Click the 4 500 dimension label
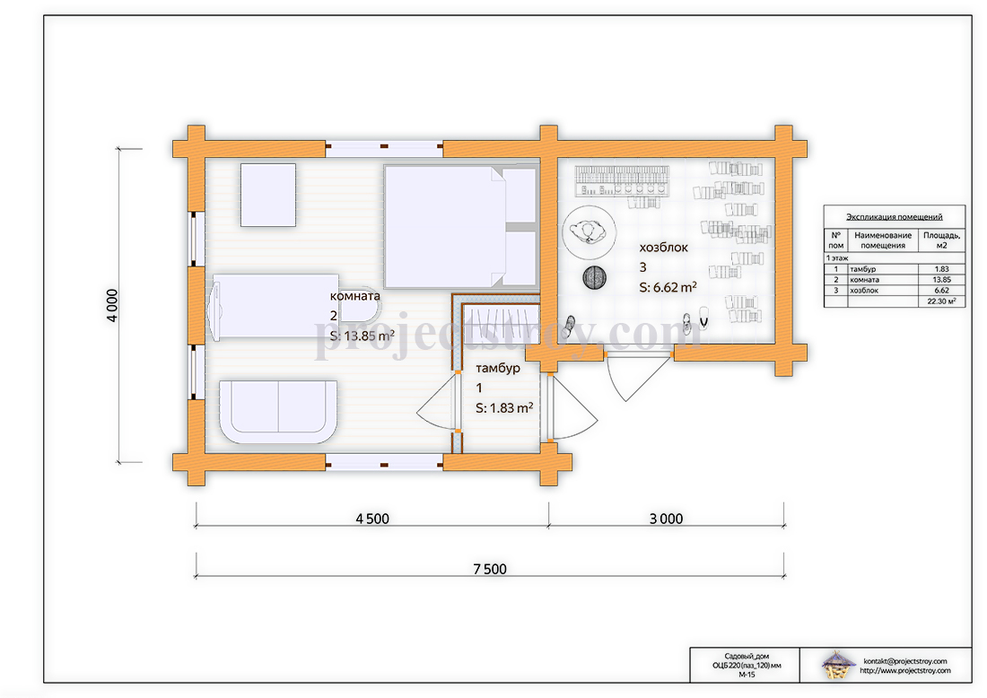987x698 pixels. tap(372, 519)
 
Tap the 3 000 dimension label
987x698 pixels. tap(666, 519)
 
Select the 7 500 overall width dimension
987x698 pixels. tap(490, 569)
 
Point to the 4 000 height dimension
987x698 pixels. tap(112, 305)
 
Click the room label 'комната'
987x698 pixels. tap(355, 296)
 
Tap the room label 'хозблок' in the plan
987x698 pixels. tap(663, 248)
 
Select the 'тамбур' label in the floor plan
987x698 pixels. tap(498, 368)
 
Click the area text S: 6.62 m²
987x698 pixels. tap(668, 287)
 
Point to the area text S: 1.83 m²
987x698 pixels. tap(504, 408)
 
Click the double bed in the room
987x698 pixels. tap(460, 227)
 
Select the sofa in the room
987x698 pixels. tap(277, 410)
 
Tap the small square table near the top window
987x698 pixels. tap(268, 195)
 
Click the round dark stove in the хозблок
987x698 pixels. tap(594, 277)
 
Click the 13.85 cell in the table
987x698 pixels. tap(941, 279)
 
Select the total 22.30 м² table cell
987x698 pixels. tap(941, 301)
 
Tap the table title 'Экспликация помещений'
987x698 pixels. tap(894, 216)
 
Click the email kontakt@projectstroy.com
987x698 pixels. tap(905, 661)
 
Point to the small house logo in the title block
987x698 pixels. tap(838, 666)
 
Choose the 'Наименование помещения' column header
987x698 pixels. tap(883, 240)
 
